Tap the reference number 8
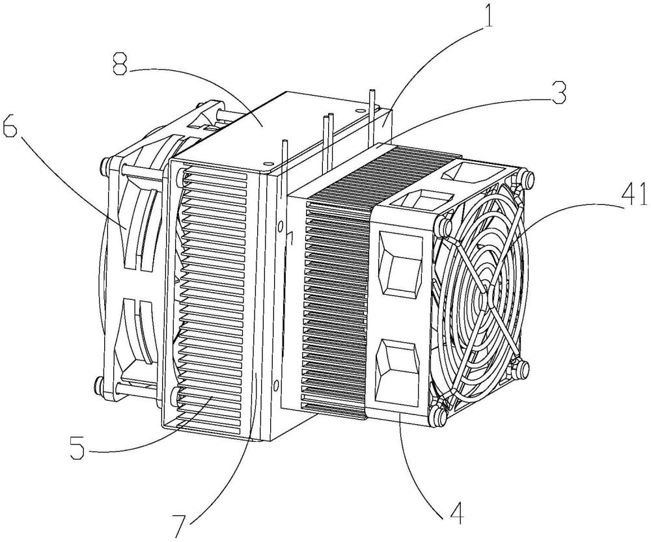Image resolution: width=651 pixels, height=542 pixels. tap(120, 63)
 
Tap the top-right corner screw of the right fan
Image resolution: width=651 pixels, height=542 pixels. tap(528, 178)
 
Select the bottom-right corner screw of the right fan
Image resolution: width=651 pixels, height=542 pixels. tap(523, 368)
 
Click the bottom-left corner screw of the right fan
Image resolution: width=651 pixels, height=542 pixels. tap(438, 414)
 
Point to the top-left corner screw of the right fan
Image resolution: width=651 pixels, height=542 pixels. tap(443, 226)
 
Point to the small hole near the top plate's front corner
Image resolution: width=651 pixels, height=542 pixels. tap(268, 164)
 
